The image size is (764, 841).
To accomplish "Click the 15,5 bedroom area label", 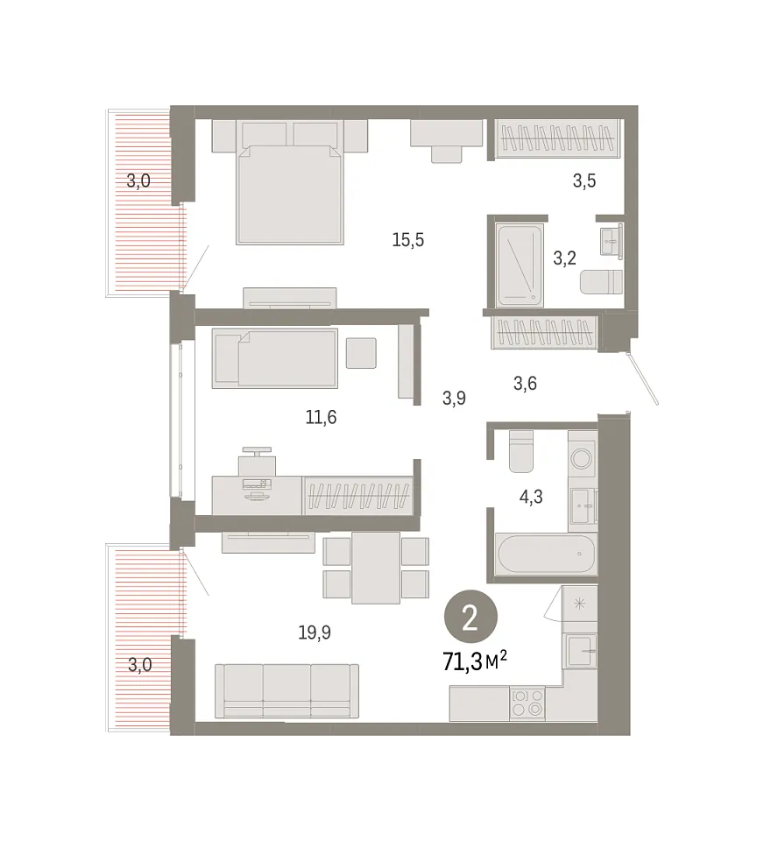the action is (407, 240).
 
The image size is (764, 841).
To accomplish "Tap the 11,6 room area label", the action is (321, 417).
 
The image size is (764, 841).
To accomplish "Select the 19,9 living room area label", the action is (315, 633).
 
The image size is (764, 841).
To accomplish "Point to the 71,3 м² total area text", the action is (475, 661).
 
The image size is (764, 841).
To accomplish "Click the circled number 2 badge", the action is (470, 619).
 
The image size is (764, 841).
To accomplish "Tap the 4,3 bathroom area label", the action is (531, 498).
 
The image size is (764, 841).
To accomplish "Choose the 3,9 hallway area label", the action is (454, 398).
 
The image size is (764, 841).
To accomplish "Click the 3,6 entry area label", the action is (525, 384).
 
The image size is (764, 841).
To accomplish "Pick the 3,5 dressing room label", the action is (584, 180).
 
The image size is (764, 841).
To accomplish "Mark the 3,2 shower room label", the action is (564, 258).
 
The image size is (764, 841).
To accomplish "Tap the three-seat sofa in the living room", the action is (286, 691).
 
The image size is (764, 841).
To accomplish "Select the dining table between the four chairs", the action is (376, 568).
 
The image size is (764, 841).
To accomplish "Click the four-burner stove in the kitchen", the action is (527, 703).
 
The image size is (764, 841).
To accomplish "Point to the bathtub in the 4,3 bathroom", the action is (546, 554).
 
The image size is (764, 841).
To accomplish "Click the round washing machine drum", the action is (581, 458).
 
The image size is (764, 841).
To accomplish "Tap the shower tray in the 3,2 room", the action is (520, 265).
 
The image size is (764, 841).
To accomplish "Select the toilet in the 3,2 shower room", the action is (601, 281).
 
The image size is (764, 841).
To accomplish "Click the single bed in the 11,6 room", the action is (275, 358).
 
